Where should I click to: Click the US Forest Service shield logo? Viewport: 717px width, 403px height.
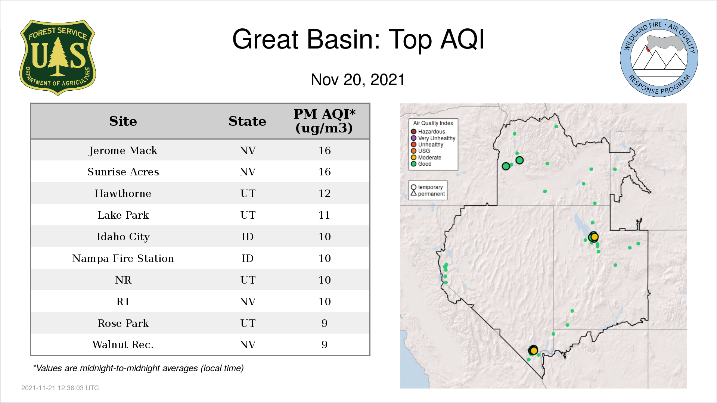[x=58, y=57]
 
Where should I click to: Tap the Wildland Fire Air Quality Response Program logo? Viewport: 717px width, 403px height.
[x=659, y=58]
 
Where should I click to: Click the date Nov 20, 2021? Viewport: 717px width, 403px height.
[x=358, y=79]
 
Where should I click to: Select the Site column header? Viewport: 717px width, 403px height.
[x=123, y=121]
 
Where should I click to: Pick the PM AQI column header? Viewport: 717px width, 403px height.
[x=324, y=121]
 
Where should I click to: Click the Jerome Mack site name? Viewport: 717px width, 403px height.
[x=123, y=151]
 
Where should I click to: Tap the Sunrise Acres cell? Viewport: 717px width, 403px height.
[x=123, y=172]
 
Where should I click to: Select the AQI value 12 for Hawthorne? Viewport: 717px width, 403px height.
[x=324, y=193]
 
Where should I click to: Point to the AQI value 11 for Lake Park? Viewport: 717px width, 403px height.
[x=324, y=215]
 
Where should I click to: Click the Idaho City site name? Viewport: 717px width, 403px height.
[x=123, y=237]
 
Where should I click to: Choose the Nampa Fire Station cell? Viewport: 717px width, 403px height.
[x=123, y=258]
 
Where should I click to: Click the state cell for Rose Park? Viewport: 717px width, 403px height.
[x=248, y=323]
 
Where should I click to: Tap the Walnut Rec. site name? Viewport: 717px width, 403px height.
[x=123, y=344]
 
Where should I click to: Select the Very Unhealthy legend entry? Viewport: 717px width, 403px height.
[x=433, y=138]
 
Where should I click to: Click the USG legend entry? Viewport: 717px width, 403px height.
[x=420, y=151]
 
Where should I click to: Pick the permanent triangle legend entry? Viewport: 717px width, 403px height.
[x=428, y=194]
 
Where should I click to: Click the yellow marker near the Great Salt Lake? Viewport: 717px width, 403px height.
[x=595, y=237]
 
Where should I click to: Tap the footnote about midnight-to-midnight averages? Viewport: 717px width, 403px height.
[x=138, y=368]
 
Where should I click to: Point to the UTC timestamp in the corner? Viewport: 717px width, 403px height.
[x=60, y=388]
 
